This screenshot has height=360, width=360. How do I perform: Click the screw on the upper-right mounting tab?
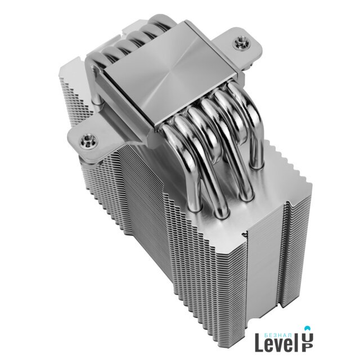pyautogui.click(x=240, y=43)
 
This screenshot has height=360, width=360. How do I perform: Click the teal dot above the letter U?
pyautogui.click(x=308, y=327)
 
